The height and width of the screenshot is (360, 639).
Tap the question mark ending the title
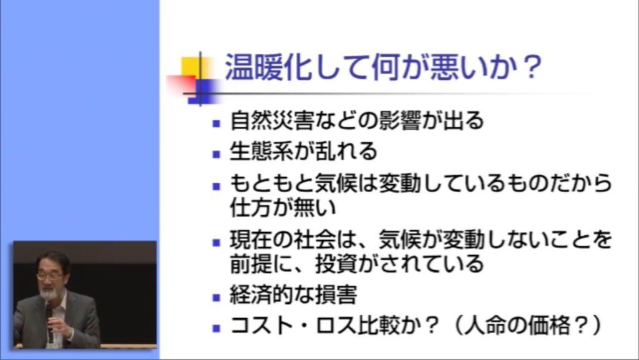coord(532,67)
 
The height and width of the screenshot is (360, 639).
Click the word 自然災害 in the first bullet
coord(272,120)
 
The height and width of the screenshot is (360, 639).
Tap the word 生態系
coord(261,151)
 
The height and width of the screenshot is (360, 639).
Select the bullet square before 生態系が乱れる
coord(217,154)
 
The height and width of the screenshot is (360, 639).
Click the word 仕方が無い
coord(283,207)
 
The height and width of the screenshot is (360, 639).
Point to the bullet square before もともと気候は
coord(217,187)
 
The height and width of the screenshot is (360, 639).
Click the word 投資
coord(336,264)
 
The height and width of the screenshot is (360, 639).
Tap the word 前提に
coord(261,264)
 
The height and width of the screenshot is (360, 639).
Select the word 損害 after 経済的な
coord(336,295)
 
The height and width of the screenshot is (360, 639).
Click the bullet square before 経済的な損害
coord(217,298)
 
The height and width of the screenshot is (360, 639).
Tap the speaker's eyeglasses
coord(50,276)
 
